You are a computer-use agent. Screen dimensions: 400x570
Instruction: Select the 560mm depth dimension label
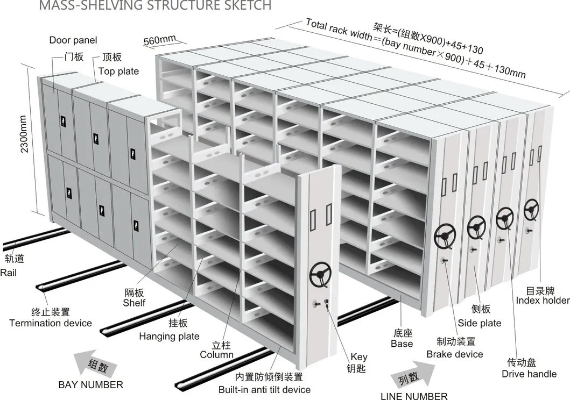tap(159, 40)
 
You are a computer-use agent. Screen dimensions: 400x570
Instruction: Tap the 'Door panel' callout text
tap(73, 40)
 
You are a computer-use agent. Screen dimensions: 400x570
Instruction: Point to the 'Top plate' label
tap(118, 71)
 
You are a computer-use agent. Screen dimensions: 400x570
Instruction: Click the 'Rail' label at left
tap(9, 273)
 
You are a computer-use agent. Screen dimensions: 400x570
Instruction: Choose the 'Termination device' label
tap(51, 323)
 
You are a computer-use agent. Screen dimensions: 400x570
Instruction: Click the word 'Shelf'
tap(134, 303)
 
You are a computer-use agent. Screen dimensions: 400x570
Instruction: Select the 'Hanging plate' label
tap(169, 337)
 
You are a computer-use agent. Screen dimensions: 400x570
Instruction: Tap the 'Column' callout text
tap(216, 354)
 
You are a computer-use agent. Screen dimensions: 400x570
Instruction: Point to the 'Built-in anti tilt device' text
tap(264, 389)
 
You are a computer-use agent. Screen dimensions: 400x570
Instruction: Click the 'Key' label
tap(359, 356)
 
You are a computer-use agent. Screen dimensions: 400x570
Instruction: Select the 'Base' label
tap(402, 344)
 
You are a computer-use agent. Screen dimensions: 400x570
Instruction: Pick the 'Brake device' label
tap(455, 354)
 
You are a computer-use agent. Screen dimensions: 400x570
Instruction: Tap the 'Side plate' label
tap(480, 323)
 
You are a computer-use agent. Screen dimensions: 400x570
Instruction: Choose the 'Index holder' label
tap(543, 300)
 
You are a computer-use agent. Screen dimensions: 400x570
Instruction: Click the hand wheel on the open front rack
tap(319, 277)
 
